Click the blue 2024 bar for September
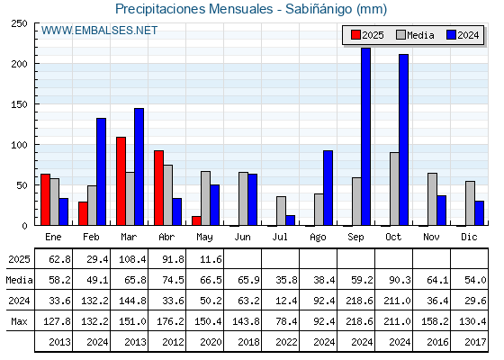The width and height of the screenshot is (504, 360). pyautogui.click(x=365, y=137)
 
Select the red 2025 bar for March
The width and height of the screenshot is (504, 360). pyautogui.click(x=121, y=181)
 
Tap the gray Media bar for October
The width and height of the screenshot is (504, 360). pyautogui.click(x=394, y=189)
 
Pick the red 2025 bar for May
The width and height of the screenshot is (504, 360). pyautogui.click(x=196, y=220)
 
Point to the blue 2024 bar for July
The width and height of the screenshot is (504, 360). pyautogui.click(x=290, y=220)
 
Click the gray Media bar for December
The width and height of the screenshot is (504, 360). pyautogui.click(x=470, y=203)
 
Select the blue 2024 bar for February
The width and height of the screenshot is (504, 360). pyautogui.click(x=101, y=172)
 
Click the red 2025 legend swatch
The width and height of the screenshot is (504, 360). pyautogui.click(x=355, y=35)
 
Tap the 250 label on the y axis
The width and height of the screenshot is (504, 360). pyautogui.click(x=20, y=23)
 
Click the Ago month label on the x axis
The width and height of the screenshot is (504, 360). pyautogui.click(x=318, y=238)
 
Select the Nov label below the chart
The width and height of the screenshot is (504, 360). pyautogui.click(x=431, y=237)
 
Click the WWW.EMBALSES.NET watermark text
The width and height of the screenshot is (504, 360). pyautogui.click(x=99, y=31)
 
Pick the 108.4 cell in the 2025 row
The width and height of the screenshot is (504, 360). pyautogui.click(x=132, y=259)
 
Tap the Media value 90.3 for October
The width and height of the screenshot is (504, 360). pyautogui.click(x=400, y=280)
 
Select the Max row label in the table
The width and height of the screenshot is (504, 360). pyautogui.click(x=19, y=321)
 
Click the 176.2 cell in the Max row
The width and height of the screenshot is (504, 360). pyautogui.click(x=170, y=321)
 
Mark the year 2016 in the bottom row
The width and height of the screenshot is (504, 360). pyautogui.click(x=437, y=342)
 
